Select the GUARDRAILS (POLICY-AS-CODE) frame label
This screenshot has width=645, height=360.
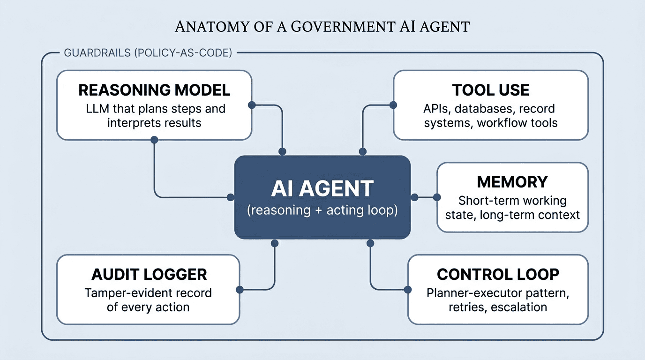coord(148,52)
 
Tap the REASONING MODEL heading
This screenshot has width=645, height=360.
coord(154,90)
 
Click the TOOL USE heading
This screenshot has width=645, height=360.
coord(491,90)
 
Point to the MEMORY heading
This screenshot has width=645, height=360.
coord(512,182)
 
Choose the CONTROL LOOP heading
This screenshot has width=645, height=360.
coord(498,274)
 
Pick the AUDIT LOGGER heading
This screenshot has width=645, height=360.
coord(149,274)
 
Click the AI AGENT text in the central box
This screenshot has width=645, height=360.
coord(322,188)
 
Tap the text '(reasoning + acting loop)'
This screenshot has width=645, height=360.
coord(322,210)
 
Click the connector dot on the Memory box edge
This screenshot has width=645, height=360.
coord(437,197)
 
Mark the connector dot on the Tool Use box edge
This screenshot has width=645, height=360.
coord(393,105)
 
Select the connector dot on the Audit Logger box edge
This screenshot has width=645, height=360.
coord(240,289)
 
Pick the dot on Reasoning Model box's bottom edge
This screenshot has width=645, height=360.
coord(154,140)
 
